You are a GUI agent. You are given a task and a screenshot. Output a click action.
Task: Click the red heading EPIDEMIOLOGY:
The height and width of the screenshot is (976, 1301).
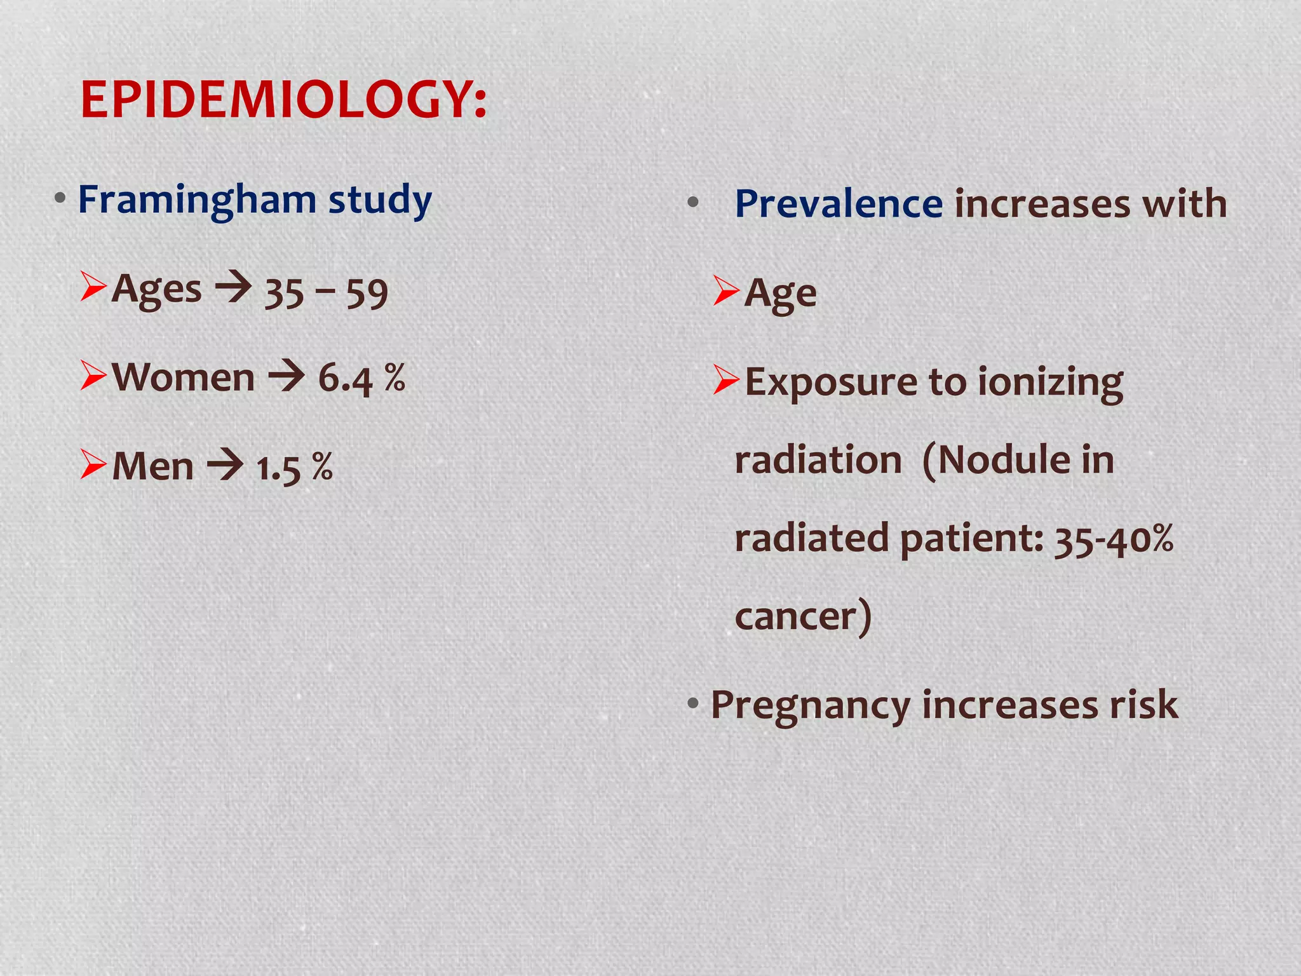pos(283,100)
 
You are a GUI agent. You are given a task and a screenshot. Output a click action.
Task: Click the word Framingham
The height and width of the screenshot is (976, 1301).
pos(197,201)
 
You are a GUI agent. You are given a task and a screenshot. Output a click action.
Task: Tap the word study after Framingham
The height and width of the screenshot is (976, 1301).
pos(380,201)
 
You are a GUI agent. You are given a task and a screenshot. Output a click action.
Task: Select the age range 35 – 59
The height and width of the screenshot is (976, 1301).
pos(326,293)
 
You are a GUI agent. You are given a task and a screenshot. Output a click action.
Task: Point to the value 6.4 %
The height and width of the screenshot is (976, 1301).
pos(361,379)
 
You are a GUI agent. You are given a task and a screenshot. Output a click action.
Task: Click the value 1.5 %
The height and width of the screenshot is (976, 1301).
pos(295,468)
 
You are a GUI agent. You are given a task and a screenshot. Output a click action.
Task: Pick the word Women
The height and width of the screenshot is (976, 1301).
pos(184,377)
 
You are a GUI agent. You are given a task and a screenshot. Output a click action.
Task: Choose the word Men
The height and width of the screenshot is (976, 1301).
pos(153,467)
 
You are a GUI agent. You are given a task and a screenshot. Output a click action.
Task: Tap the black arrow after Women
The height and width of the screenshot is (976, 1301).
pos(286,376)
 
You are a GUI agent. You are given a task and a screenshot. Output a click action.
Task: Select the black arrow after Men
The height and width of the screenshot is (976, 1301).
pos(225,465)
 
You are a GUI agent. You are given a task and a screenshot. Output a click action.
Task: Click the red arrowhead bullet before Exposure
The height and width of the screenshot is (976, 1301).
pos(726,380)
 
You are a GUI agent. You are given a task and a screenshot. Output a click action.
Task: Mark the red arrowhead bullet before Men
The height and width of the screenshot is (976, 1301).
pos(93,464)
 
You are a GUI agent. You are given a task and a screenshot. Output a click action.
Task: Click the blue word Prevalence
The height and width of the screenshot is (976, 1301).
pos(839,204)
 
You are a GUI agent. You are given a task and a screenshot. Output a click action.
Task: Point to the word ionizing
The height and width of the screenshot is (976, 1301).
pos(1050,383)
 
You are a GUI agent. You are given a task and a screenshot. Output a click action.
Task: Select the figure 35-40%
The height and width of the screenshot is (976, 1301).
pos(1114,539)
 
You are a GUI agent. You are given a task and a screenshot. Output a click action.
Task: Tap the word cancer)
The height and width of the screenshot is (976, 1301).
pos(803,617)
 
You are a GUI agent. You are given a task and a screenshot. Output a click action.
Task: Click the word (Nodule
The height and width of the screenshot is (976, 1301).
pos(991,460)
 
